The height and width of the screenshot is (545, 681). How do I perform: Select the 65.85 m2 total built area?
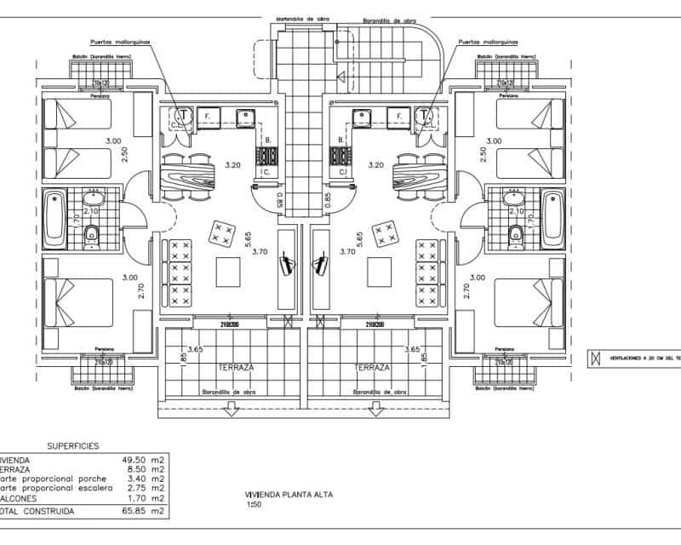tap(144, 512)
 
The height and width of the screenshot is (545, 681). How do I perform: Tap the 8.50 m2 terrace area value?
tap(146, 468)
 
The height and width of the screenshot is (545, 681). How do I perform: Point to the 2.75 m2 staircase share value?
tap(146, 489)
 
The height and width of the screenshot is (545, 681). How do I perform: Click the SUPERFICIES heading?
tap(72, 445)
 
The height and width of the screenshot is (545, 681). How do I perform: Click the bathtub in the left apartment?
tap(55, 219)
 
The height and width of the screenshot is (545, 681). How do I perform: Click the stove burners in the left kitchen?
tap(268, 156)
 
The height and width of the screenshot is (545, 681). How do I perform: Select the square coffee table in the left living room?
tap(229, 272)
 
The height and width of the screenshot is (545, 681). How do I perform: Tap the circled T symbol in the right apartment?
tap(423, 115)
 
